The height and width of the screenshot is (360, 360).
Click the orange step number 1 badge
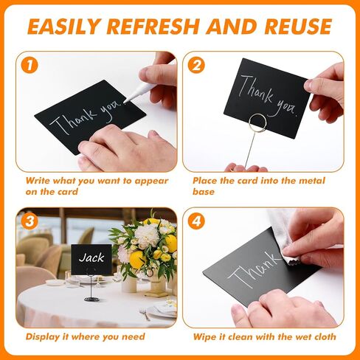pyautogui.click(x=30, y=65)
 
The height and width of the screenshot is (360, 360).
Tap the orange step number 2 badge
pyautogui.click(x=196, y=65)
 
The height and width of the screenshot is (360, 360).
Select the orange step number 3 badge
pyautogui.click(x=30, y=221)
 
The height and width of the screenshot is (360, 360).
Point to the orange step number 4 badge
pyautogui.click(x=196, y=221)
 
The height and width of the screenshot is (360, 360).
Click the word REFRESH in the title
pyautogui.click(x=153, y=26)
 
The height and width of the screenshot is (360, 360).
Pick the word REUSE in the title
pyautogui.click(x=298, y=26)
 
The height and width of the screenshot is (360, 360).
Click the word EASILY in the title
pyautogui.click(x=64, y=26)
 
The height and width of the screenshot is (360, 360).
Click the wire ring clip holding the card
pyautogui.click(x=257, y=122)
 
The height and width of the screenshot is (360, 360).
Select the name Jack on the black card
pyautogui.click(x=91, y=257)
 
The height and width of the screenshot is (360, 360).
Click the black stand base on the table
pyautogui.click(x=91, y=299)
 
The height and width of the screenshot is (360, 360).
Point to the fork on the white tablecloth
pyautogui.click(x=145, y=314)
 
